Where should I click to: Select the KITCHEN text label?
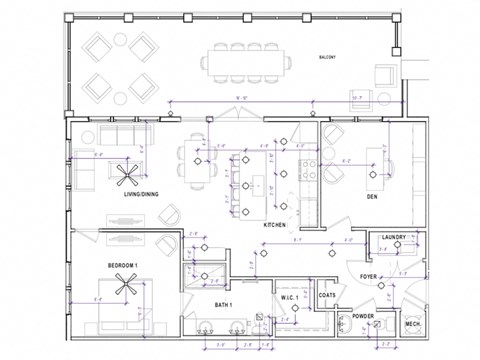[275, 227]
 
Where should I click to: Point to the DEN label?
[371, 198]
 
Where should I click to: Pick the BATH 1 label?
[222, 304]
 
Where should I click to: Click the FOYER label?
[368, 276]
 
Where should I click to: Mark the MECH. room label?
[411, 324]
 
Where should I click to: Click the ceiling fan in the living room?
[127, 176]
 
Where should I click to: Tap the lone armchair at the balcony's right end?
[386, 78]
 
